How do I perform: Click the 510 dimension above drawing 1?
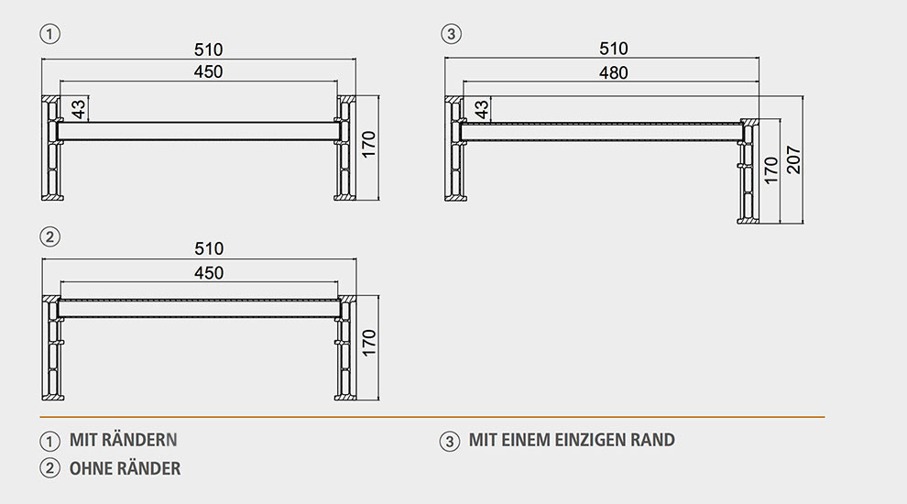point(208,49)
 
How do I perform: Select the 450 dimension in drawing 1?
point(208,71)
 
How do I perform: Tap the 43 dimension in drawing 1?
point(78,109)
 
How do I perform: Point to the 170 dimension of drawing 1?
point(368,145)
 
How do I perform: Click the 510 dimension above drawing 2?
point(209,249)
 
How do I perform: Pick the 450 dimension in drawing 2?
point(209,272)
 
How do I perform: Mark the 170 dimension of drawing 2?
point(368,343)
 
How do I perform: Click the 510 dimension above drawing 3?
point(614,49)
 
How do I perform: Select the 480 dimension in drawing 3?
point(614,73)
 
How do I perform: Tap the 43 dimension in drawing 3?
point(481,109)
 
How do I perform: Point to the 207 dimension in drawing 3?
point(793,160)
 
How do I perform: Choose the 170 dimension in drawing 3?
point(771,170)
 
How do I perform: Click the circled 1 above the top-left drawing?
point(49,34)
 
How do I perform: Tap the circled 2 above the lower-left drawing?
point(49,236)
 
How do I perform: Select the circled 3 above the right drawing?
point(451,34)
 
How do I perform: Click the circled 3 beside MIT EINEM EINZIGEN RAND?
point(450,442)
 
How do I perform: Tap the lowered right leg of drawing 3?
point(748,171)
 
